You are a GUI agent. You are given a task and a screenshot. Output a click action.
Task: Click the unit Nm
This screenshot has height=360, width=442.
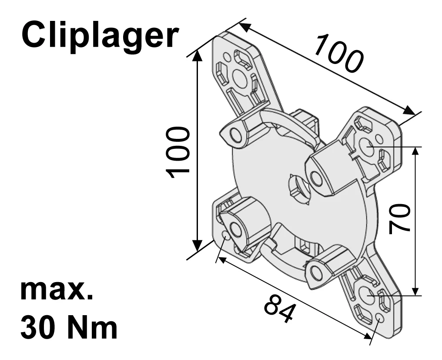(x=94, y=328)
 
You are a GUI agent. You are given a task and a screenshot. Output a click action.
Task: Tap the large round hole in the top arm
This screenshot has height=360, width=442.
(x=239, y=77)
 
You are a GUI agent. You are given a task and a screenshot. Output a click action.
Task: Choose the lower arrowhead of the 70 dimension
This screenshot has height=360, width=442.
(x=416, y=292)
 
